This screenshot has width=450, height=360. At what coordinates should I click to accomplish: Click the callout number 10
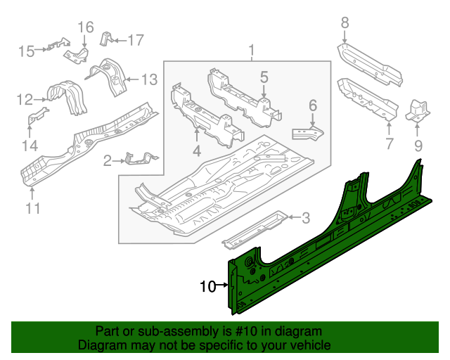pos(207,286)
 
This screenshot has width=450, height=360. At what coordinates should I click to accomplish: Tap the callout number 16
pos(85,27)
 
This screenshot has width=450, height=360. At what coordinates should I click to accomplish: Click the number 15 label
pos(26,51)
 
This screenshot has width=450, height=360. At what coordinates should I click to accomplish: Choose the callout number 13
pos(150,79)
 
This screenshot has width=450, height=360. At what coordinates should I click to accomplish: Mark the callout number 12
pos(25,99)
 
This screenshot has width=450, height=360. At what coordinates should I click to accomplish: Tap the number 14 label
pos(30,146)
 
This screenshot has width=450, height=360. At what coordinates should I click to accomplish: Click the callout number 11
pos(33,208)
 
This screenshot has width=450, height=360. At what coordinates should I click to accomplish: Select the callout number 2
pos(107,162)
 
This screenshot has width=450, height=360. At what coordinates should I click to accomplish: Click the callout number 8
pos(345,23)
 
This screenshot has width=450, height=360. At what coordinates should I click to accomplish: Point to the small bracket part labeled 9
pos(418,110)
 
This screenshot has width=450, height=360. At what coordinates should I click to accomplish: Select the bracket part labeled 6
pos(309,132)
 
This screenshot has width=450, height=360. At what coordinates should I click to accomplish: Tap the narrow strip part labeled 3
pos(253,229)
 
